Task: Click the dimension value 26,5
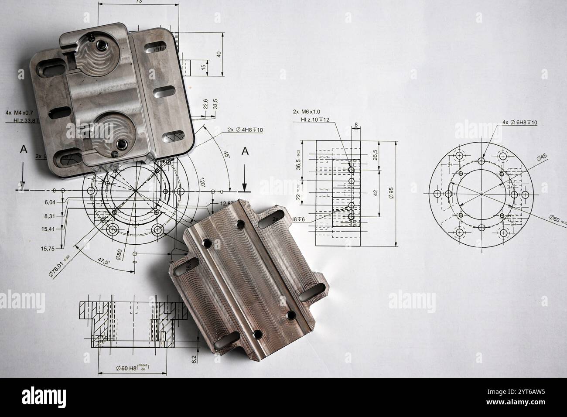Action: tap(376, 155)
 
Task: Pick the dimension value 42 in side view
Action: tap(376, 191)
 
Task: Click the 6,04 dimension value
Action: tap(50, 202)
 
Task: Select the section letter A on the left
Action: tap(24, 149)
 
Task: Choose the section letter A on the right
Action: tap(245, 151)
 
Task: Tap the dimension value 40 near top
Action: tap(219, 54)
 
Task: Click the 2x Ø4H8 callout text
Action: tap(245, 130)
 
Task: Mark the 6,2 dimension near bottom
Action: tap(195, 358)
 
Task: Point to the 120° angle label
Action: tap(203, 182)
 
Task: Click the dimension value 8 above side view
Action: tap(356, 125)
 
